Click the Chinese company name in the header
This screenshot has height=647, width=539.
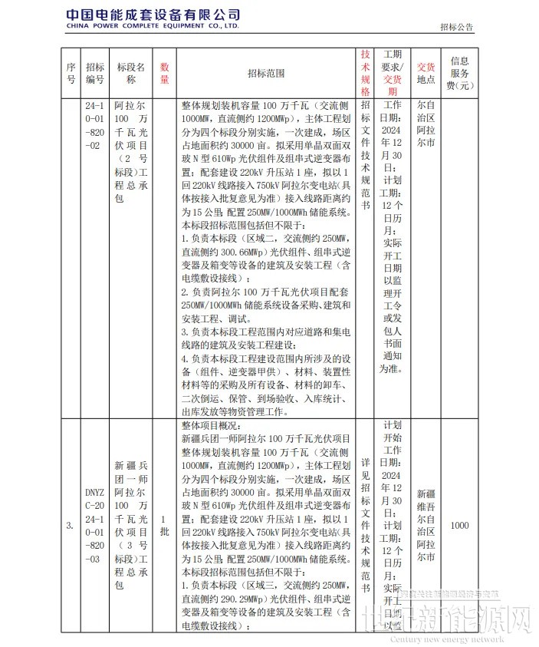(153, 15)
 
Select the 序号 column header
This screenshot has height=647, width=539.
(71, 73)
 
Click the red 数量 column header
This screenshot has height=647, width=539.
(164, 73)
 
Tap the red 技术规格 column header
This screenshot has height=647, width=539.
(366, 73)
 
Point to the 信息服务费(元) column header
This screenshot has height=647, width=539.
(460, 73)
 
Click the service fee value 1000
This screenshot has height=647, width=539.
(460, 526)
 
